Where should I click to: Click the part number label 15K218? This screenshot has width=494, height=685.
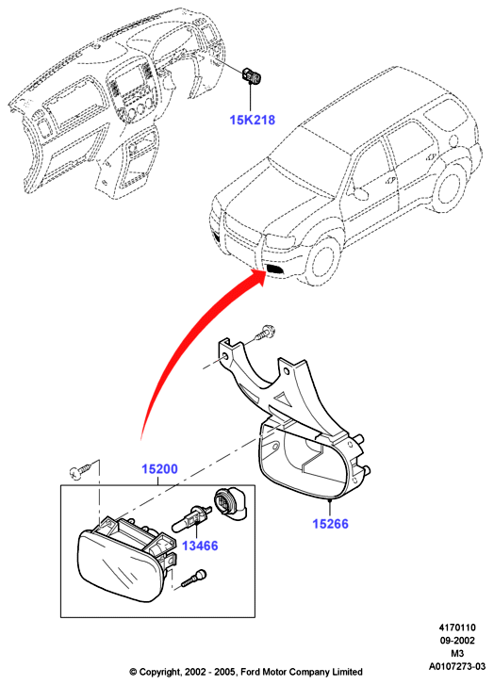click(253, 120)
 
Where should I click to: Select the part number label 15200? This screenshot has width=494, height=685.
click(159, 469)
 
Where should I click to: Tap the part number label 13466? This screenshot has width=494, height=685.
click(200, 546)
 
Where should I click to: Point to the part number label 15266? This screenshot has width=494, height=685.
click(330, 523)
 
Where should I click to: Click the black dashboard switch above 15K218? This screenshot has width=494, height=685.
click(252, 75)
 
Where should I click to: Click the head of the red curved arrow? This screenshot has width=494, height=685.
click(257, 278)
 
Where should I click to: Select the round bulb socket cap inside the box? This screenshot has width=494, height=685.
click(229, 505)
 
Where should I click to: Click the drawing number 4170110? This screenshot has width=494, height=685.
click(457, 628)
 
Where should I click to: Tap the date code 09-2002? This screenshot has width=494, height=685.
click(457, 641)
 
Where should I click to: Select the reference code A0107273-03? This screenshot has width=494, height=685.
click(457, 667)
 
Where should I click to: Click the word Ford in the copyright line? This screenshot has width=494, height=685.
click(250, 672)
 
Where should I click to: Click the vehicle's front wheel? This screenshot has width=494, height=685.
click(322, 263)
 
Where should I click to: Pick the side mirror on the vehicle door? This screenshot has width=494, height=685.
click(359, 192)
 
